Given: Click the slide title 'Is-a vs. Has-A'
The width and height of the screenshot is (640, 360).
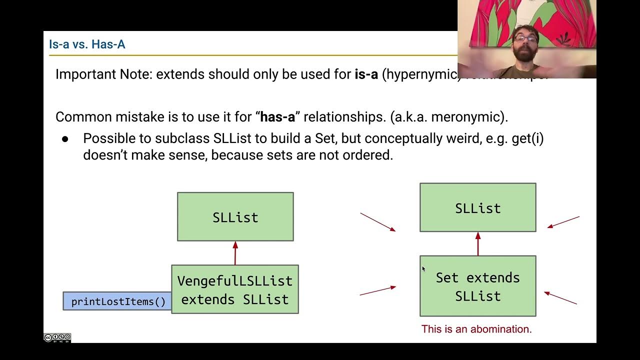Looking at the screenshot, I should pos(87,44).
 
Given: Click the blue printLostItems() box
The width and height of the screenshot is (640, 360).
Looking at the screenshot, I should pos(117,301).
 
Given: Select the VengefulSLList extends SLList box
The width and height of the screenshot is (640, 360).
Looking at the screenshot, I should pos(235,289).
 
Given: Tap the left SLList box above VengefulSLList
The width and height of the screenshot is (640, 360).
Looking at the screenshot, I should pos(235,217).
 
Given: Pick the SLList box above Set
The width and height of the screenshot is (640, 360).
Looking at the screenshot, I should pos(477,208).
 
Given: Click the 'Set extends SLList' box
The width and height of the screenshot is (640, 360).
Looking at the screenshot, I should pos(477,286).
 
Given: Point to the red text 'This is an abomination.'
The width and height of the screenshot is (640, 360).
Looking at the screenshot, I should pos(476,329).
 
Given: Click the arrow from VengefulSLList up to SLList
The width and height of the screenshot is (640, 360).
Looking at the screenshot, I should pos(235,253).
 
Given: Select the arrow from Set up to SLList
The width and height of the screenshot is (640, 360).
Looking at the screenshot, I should pos(478,244).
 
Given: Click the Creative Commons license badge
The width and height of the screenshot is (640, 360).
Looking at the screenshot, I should pos(57,338).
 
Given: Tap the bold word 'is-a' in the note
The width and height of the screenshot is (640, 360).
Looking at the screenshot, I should pos(366,74).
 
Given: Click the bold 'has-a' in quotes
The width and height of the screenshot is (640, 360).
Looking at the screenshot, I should pos(277,117).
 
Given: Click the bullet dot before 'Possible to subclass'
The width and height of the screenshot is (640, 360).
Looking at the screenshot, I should pos(65,138).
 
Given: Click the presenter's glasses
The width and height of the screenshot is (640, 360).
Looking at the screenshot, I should pos(525,38).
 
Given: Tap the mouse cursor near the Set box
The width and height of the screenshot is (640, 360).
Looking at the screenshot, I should pos(423,269).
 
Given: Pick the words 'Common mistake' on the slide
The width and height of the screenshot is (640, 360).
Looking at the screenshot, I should pos(95,117).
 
